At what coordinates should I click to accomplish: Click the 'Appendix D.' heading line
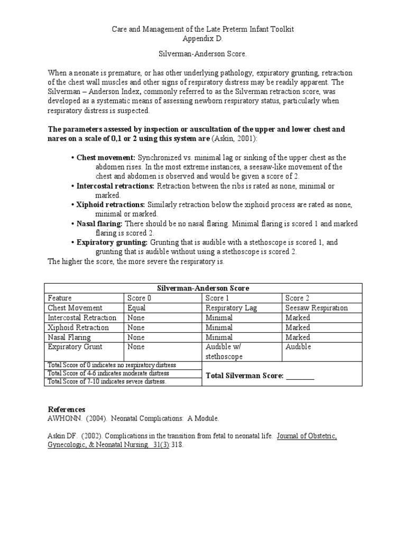pos(202,39)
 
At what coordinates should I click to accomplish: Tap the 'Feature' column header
pos(60,298)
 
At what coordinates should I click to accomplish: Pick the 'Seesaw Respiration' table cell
pos(317,307)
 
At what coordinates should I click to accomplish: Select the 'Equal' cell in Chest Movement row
pos(137,307)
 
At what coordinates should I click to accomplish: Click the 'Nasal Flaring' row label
pos(69,337)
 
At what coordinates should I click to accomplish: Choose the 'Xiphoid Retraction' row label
pos(78,328)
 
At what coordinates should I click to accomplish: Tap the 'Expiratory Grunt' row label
pos(75,347)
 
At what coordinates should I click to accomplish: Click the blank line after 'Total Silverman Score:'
pos(300,376)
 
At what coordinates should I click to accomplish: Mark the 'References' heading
pos(66,409)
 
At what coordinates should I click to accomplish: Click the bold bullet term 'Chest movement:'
pos(106,157)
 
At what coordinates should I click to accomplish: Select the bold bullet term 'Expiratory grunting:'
pos(112,242)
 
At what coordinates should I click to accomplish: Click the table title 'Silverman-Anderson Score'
pos(204,288)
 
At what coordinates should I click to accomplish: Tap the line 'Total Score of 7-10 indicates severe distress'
pos(107,381)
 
